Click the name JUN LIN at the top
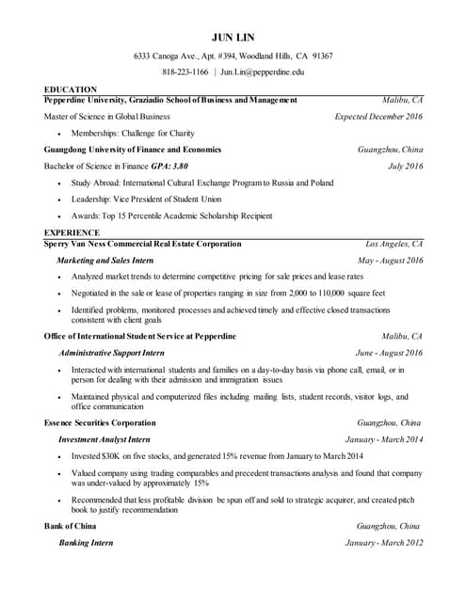[x=233, y=37]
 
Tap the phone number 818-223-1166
[x=185, y=71]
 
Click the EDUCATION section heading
[x=72, y=89]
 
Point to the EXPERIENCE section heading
[x=72, y=232]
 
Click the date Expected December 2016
[x=378, y=117]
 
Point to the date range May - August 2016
[x=391, y=260]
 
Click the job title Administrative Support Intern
[x=111, y=353]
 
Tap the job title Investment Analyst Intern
[x=104, y=439]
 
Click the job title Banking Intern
[x=86, y=543]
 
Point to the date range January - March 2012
[x=384, y=543]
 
